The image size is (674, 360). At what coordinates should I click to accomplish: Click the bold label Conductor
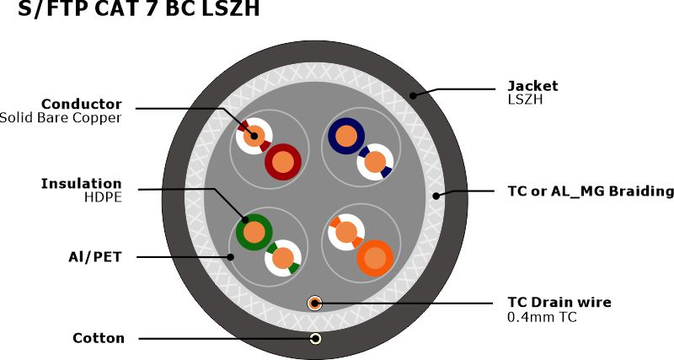coord(82,104)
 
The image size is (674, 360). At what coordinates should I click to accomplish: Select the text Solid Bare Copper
coord(61,118)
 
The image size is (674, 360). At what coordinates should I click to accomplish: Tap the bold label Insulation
coord(82,183)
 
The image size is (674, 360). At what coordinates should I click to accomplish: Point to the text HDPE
coord(103,197)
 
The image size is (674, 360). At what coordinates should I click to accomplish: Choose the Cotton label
coord(99,338)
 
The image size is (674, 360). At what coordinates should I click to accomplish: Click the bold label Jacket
coord(532,85)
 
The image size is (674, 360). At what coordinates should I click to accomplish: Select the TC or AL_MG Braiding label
coord(591,191)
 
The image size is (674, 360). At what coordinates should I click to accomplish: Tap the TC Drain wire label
coord(559,302)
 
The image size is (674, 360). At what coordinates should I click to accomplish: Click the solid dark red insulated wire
coord(283,160)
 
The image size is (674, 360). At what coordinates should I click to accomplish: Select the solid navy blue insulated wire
coord(345,135)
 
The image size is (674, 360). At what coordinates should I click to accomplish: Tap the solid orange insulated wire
coord(374,256)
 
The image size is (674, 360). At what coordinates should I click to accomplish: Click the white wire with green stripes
coord(284,258)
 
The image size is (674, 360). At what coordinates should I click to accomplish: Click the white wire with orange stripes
coord(345,232)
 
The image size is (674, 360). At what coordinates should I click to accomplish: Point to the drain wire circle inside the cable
coord(314,302)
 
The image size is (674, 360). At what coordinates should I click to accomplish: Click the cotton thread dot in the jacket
coord(314,338)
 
